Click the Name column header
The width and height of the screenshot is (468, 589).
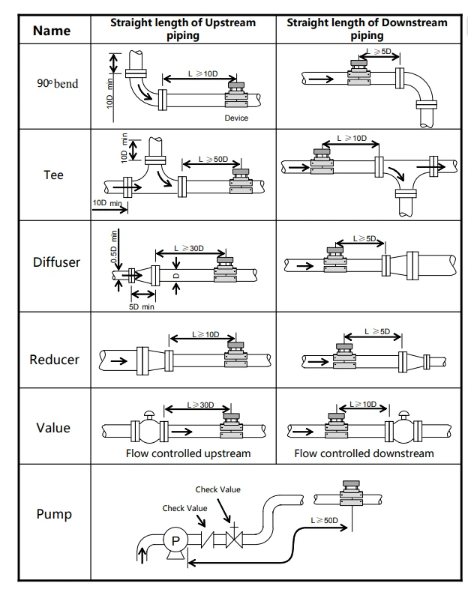pos(52,31)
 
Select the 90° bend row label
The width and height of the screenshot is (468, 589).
pos(58,83)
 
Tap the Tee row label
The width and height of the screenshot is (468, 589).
pos(53,175)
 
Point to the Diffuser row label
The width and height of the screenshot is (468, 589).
pos(56,262)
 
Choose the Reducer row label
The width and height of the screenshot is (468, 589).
pos(55,360)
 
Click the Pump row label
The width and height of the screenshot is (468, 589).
pos(54,514)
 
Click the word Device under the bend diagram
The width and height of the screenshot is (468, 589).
pos(236,118)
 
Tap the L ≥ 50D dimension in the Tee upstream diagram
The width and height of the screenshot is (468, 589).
pos(213,160)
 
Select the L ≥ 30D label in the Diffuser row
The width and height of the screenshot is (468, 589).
pos(189,248)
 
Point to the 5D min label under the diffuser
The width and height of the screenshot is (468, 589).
pos(141,307)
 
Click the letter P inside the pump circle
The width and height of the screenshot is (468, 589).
pos(175,540)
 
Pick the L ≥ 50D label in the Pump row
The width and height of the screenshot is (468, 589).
pos(325,520)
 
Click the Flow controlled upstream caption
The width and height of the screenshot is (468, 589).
pos(188,453)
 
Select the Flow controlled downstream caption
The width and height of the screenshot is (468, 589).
pos(364,453)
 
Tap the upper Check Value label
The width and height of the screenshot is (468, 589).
pos(218,489)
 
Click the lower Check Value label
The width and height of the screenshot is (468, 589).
pos(184,508)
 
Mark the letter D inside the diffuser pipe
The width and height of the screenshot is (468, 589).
pos(176,276)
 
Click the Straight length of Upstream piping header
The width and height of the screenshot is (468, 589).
pos(183,29)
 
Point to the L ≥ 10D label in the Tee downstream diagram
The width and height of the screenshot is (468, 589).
pos(352,138)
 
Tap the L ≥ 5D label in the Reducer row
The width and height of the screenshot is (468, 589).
pos(377,331)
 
